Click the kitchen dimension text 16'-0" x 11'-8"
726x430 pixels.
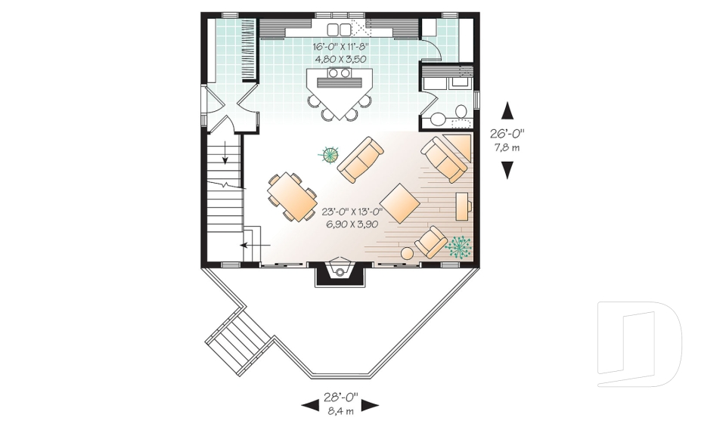pyautogui.click(x=340, y=46)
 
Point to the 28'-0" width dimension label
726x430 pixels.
pyautogui.click(x=340, y=397)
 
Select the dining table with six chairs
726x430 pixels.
pyautogui.click(x=291, y=196)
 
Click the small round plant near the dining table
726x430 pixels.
pyautogui.click(x=330, y=156)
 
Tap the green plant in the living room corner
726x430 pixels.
pyautogui.click(x=458, y=246)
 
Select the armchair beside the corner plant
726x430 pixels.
pyautogui.click(x=432, y=242)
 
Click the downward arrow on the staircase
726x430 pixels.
pyautogui.click(x=225, y=155)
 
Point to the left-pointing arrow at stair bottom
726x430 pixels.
pyautogui.click(x=247, y=245)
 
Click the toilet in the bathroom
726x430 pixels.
pyautogui.click(x=437, y=119)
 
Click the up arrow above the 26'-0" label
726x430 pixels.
pyautogui.click(x=507, y=111)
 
